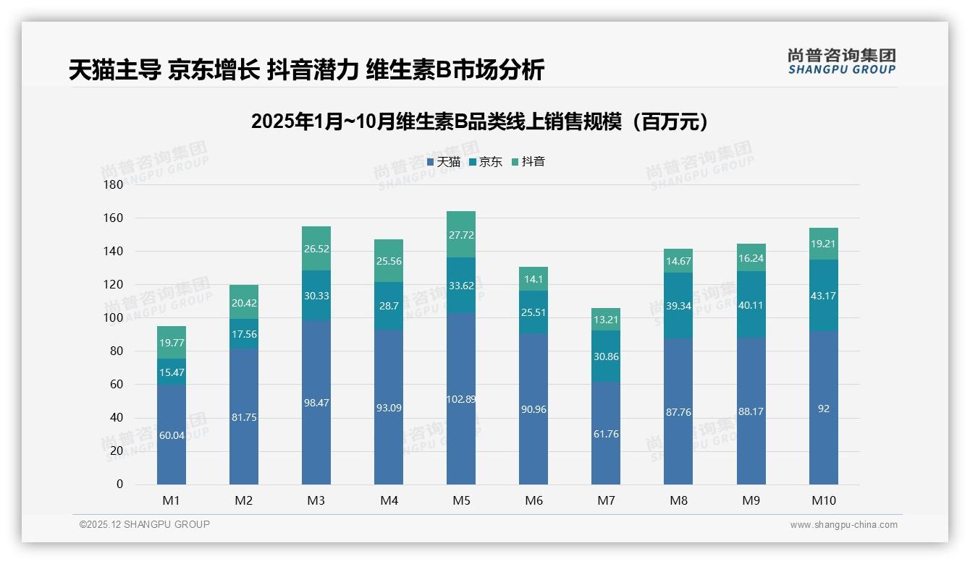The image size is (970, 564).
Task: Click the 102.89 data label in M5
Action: pos(461,399)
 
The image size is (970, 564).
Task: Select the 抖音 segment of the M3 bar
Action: pos(316,248)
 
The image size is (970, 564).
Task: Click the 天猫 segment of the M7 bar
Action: pos(606,434)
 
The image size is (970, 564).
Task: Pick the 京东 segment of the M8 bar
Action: pos(678,305)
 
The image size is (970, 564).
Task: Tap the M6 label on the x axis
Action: pos(533,500)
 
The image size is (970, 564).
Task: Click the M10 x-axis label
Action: pos(823,500)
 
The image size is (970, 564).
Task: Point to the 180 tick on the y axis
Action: pos(114,184)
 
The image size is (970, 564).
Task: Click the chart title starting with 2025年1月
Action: pos(479,121)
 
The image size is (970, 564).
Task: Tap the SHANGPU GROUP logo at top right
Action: pos(841,61)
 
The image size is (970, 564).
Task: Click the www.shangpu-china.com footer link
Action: pos(843,525)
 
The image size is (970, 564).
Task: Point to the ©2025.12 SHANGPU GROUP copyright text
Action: pos(145,525)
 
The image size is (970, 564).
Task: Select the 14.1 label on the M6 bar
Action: pos(533,279)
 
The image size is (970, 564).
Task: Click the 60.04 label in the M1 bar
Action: pos(172,435)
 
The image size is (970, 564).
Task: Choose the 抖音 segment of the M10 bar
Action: pos(823,244)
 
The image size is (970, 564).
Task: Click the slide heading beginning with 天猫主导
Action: pos(306,70)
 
